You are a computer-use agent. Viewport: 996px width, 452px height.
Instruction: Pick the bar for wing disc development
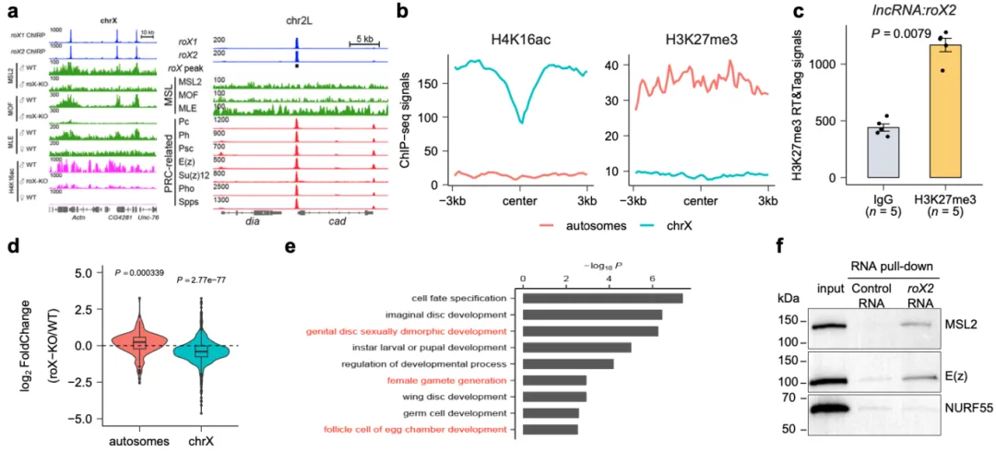click(x=552, y=396)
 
